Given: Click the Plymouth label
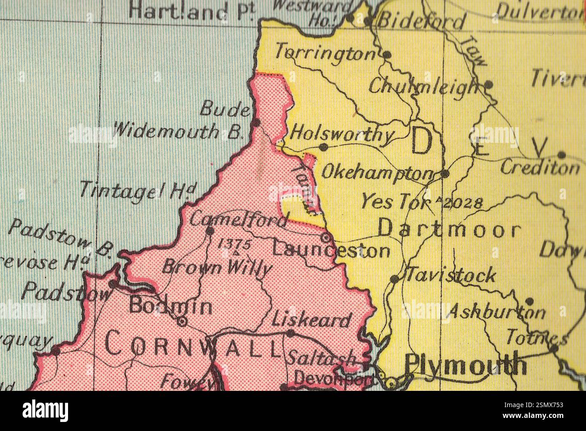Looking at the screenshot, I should (466, 364).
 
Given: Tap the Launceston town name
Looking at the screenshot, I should (331, 250).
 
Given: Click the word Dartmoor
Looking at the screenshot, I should (449, 229).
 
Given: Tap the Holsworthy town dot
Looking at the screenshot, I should (323, 147).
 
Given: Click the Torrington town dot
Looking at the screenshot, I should (387, 55).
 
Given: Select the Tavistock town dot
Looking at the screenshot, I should (394, 279).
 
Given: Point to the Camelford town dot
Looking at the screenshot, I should (210, 231).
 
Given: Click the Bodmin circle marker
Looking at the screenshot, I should (182, 321).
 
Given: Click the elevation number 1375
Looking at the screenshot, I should (234, 244).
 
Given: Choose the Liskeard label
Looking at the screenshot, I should (311, 320).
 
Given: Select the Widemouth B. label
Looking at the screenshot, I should (179, 131).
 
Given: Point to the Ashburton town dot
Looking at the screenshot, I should (530, 301).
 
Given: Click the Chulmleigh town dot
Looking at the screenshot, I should (489, 84).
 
